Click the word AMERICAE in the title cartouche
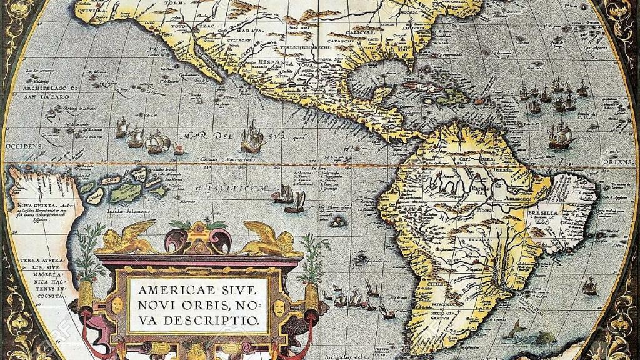(167, 291)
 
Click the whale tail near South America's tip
(515, 329)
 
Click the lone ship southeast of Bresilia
(589, 287)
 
